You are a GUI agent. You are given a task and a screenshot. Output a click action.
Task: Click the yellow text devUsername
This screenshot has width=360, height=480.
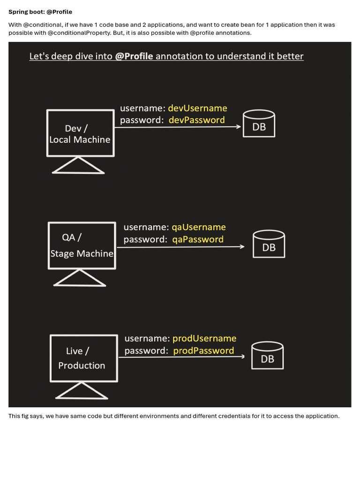click(x=197, y=108)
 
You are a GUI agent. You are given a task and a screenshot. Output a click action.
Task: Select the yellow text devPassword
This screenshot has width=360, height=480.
click(x=196, y=120)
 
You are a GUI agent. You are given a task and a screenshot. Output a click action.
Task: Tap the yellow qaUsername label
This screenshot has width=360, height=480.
click(x=199, y=227)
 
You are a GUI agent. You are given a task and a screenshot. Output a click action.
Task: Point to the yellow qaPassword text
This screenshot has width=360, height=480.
click(x=198, y=240)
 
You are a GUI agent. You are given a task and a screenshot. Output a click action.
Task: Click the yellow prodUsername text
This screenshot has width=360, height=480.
click(x=204, y=338)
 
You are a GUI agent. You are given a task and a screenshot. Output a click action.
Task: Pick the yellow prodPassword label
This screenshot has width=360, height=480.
click(x=203, y=351)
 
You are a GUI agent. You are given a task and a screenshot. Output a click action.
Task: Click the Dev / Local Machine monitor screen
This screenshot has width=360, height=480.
click(x=81, y=133)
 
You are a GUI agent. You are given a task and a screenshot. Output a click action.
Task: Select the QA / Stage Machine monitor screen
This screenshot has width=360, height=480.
click(x=82, y=246)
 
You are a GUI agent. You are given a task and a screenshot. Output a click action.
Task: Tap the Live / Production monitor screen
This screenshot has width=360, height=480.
click(x=84, y=358)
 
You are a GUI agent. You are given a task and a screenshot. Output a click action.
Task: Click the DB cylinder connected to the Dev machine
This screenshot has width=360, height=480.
click(x=259, y=123)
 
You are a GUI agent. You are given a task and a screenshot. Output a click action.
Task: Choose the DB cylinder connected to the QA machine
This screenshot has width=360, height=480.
click(x=269, y=244)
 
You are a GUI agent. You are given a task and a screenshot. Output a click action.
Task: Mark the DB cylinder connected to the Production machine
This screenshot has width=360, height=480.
click(x=267, y=355)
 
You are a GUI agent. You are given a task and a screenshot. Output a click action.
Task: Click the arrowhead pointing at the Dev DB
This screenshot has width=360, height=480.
click(x=239, y=127)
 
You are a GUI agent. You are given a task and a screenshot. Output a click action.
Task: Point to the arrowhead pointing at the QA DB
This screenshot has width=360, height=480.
click(x=242, y=247)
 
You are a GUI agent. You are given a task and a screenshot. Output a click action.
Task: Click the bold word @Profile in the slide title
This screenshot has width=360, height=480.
click(x=134, y=56)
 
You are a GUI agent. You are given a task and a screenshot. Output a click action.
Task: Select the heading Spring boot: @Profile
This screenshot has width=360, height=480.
click(x=40, y=12)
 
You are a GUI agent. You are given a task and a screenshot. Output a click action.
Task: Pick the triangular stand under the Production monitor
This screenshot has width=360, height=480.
click(x=82, y=391)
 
